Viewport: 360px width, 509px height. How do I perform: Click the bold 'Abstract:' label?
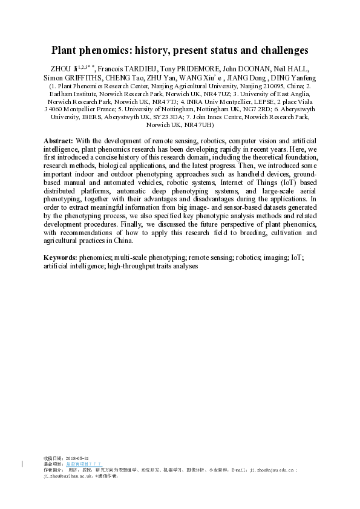58,140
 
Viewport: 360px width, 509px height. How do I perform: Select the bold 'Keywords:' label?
60,258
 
